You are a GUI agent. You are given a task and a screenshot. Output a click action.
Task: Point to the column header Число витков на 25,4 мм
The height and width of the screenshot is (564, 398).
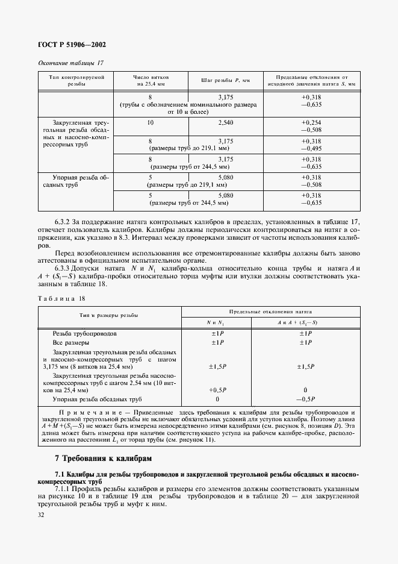point(150,81)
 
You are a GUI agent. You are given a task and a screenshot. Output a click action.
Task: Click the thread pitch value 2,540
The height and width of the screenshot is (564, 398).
point(225,122)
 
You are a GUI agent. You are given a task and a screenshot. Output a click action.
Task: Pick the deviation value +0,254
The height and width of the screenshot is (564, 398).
point(311,122)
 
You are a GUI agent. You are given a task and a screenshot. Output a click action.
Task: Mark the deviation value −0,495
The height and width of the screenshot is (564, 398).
point(311,148)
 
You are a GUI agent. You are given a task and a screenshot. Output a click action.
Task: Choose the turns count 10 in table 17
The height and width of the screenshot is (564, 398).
point(150,122)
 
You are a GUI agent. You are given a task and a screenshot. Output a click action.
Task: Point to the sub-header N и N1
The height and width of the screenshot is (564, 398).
point(217,322)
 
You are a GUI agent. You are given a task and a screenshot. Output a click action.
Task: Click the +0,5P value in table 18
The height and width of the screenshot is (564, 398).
point(217,390)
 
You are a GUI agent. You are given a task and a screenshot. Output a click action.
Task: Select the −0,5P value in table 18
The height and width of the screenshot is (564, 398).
point(306,399)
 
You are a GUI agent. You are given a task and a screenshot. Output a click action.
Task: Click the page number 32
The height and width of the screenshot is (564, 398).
point(42,515)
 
